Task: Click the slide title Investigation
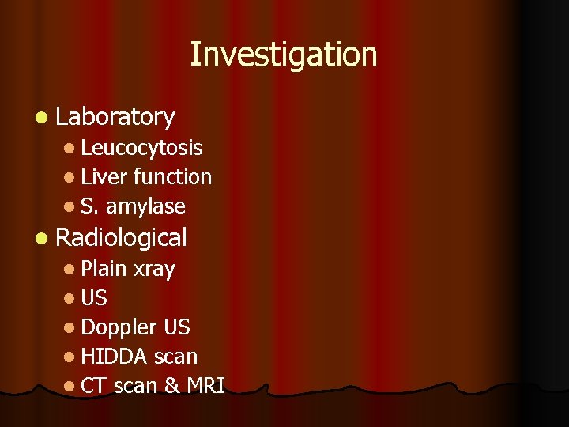pyautogui.click(x=284, y=55)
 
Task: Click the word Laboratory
pyautogui.click(x=115, y=117)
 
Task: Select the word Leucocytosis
pyautogui.click(x=141, y=148)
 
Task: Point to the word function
pyautogui.click(x=172, y=177)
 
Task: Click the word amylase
pyautogui.click(x=145, y=206)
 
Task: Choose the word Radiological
pyautogui.click(x=122, y=237)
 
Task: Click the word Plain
pyautogui.click(x=104, y=269)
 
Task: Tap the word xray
pyautogui.click(x=154, y=269)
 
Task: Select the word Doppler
pyautogui.click(x=119, y=327)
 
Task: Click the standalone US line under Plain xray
pyautogui.click(x=94, y=298)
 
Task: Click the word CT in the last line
pyautogui.click(x=94, y=386)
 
